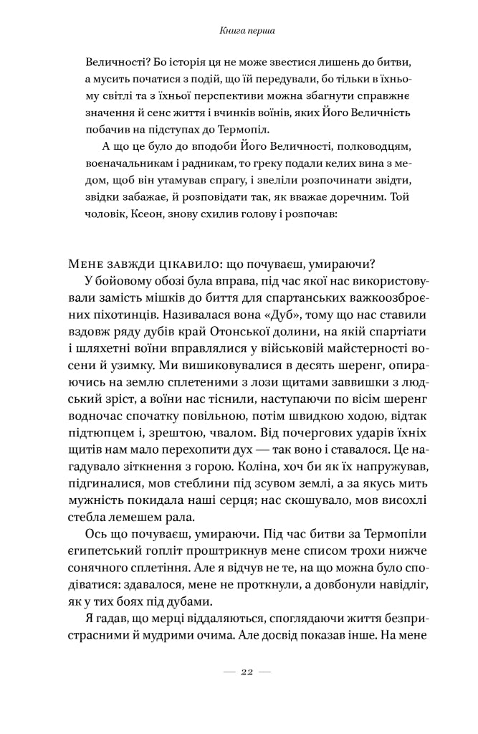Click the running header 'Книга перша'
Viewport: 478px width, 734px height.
tap(239, 32)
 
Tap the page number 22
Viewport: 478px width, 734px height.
tap(239, 671)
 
